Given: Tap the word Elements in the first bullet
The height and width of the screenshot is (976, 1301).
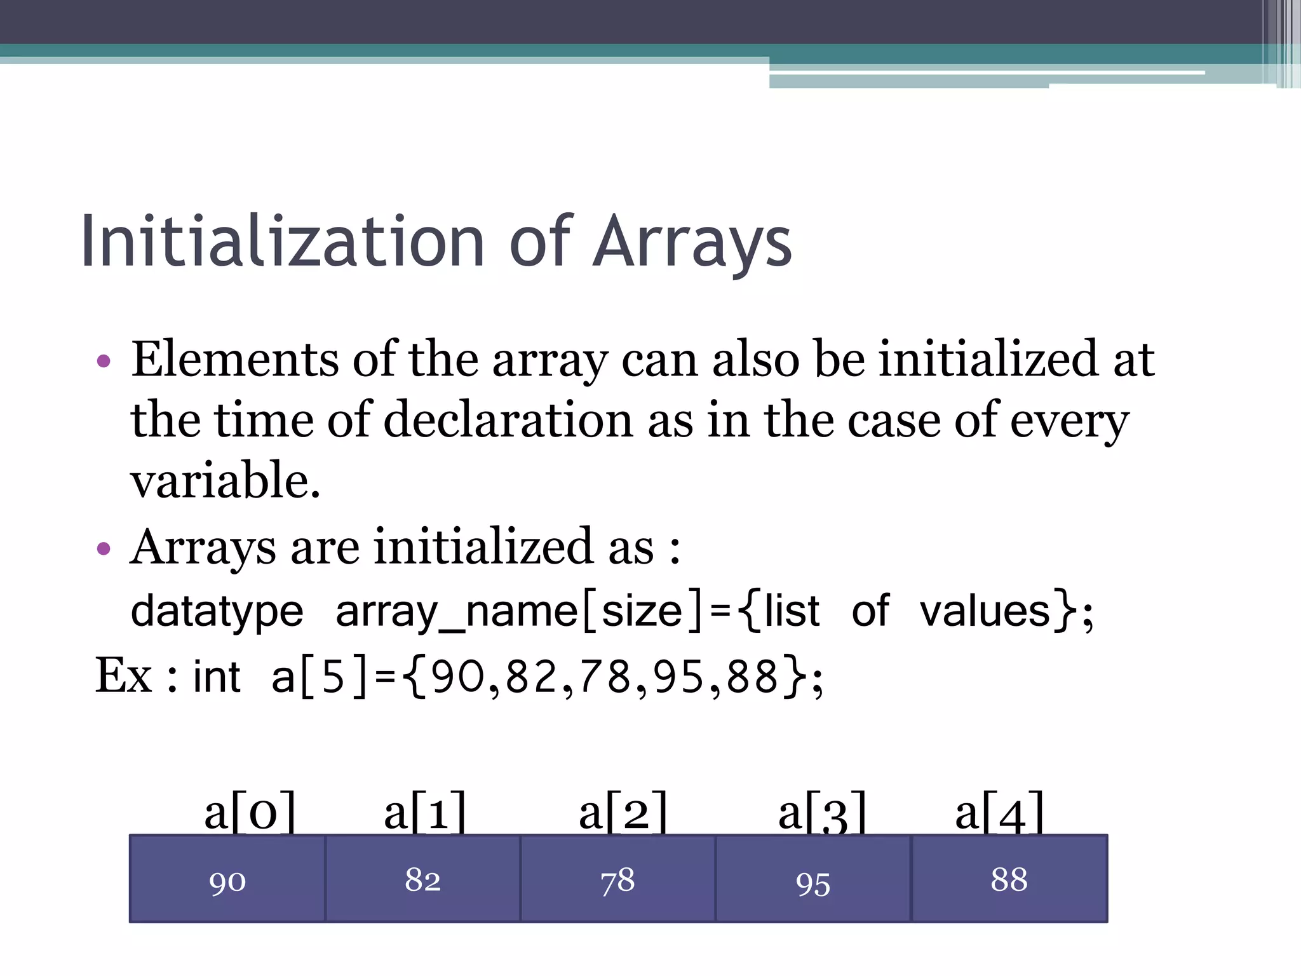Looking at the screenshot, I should pos(234,360).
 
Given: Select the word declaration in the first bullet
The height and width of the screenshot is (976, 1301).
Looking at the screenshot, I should pos(508,420).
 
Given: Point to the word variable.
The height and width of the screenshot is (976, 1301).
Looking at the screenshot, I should pos(225,480).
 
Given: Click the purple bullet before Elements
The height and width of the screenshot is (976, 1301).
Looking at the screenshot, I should pos(104,362).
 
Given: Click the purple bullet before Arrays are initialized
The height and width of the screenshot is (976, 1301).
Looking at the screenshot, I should pos(104,548).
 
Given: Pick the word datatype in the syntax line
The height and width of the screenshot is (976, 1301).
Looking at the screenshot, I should pos(217,612).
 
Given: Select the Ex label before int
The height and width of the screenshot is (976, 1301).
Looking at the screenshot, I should pos(123,675).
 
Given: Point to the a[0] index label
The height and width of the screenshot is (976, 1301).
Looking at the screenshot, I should pos(250,812).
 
